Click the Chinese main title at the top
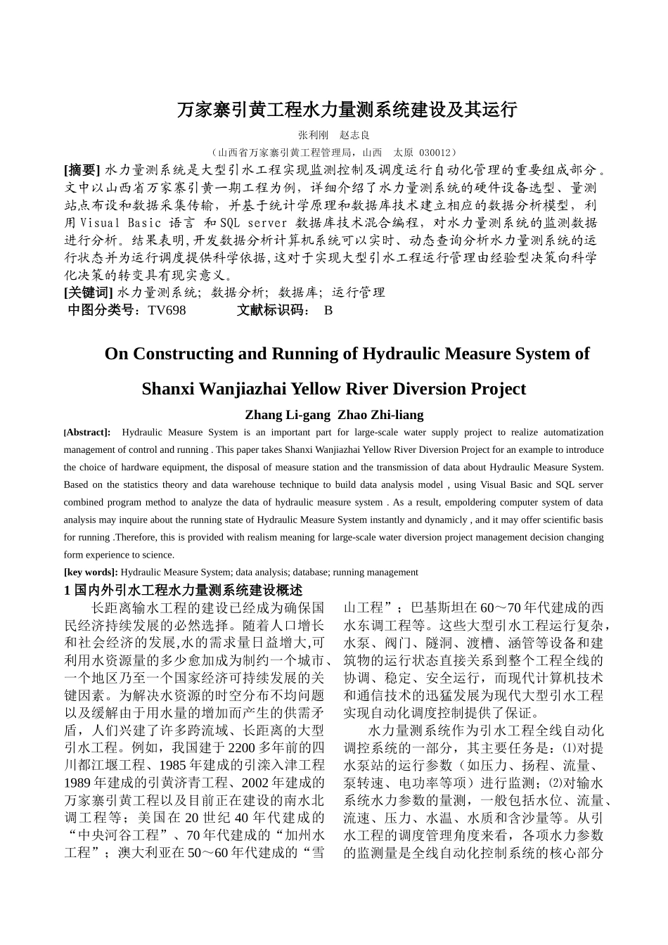point(347,110)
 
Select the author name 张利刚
point(312,135)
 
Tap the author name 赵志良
point(354,135)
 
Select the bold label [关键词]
point(88,292)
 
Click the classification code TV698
point(167,310)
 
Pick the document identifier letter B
point(328,310)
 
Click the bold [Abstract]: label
point(87,432)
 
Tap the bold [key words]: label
point(91,572)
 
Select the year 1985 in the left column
point(174,765)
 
